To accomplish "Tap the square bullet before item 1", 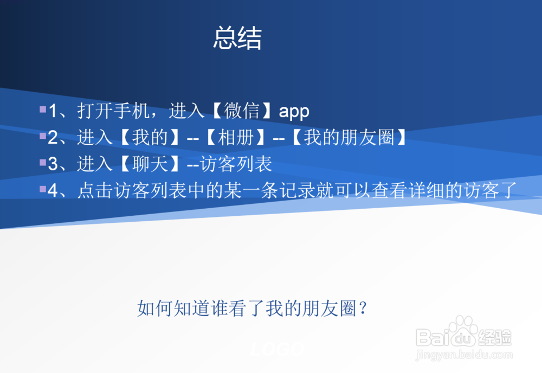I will tap(43, 110).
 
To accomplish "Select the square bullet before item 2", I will tap(43, 136).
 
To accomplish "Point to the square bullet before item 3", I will tap(43, 162).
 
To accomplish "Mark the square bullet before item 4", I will tap(43, 189).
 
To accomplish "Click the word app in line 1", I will tap(294, 112).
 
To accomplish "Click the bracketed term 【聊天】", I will tap(149, 164).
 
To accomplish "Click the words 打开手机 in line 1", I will tap(113, 112).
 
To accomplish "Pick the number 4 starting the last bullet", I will tap(53, 190).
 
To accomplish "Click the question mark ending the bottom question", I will tap(364, 309).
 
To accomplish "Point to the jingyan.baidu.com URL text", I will tap(463, 356).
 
